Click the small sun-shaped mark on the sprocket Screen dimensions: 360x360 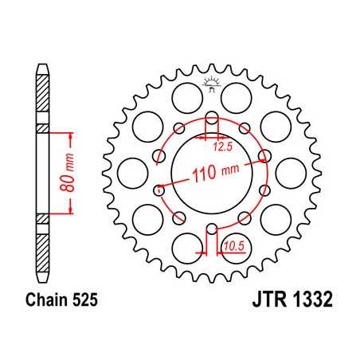[x=211, y=82]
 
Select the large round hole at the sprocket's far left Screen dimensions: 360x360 [x=128, y=170]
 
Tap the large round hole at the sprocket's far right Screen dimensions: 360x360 [x=295, y=170]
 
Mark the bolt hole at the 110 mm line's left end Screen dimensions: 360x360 [x=160, y=190]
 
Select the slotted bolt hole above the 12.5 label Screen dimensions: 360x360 [x=212, y=122]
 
